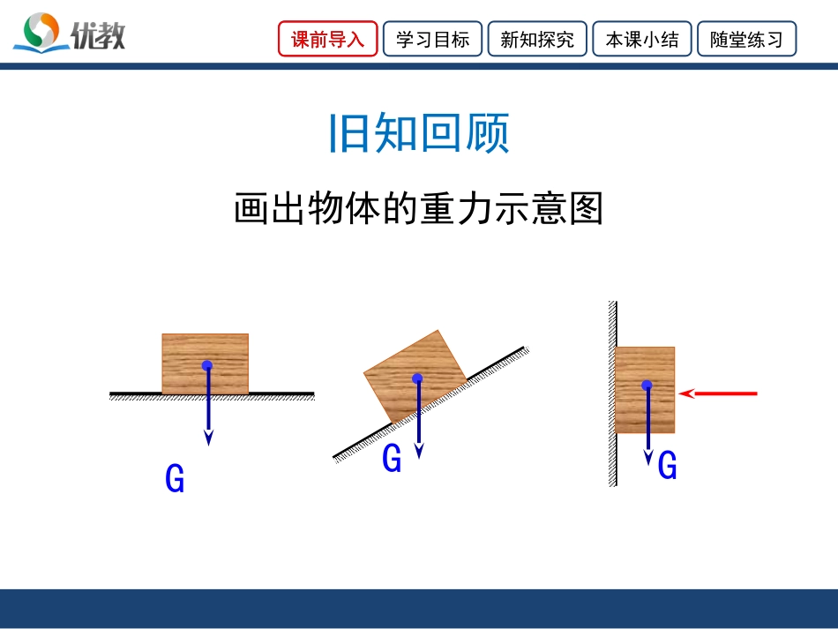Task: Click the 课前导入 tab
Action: click(x=328, y=40)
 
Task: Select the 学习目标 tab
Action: click(x=432, y=40)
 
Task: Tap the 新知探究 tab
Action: click(x=536, y=40)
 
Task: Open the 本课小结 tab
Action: click(x=641, y=40)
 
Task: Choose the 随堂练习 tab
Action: click(x=746, y=40)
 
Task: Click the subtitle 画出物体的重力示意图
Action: click(x=419, y=210)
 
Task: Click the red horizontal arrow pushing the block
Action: click(x=719, y=393)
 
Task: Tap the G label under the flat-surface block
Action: click(x=175, y=479)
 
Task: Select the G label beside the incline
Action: click(x=392, y=459)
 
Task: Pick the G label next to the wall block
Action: click(x=668, y=465)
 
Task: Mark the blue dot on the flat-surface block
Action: click(x=206, y=365)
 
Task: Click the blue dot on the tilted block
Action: click(x=417, y=378)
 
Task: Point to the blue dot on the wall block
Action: click(x=647, y=386)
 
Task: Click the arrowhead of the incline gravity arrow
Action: click(x=419, y=450)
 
